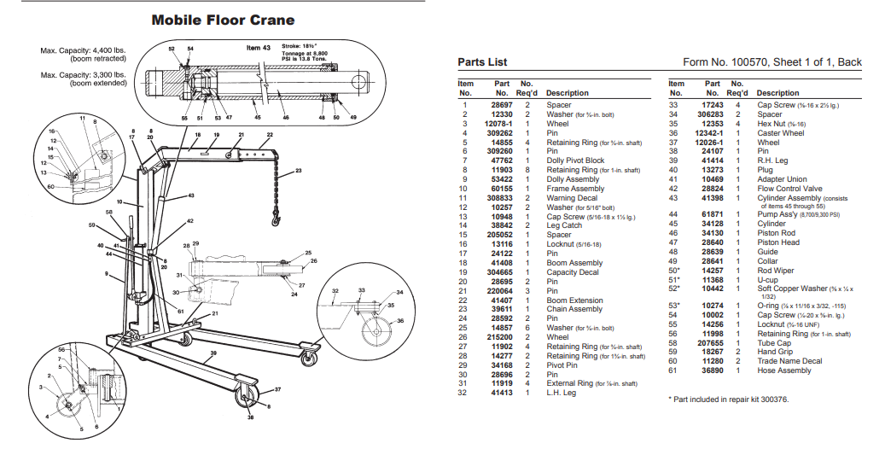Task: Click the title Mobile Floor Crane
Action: [x=223, y=20]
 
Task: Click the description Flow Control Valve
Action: [x=789, y=189]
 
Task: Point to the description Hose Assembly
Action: [x=784, y=370]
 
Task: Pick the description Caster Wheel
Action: [x=780, y=133]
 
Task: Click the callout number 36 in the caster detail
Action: [x=399, y=320]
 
